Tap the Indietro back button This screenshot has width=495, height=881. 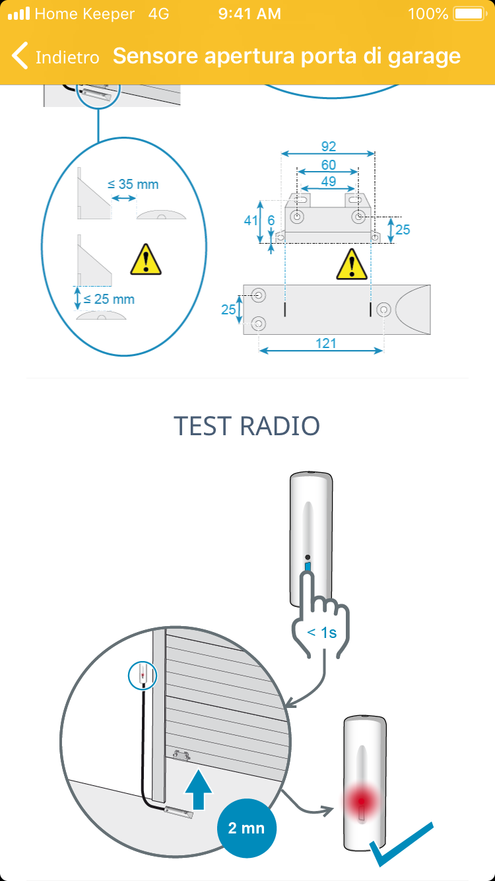pos(56,57)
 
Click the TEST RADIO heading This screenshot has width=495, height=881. pos(247,426)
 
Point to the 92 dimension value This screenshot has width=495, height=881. pos(328,147)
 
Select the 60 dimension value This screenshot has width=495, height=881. pos(328,164)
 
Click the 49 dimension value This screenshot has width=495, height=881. pos(328,181)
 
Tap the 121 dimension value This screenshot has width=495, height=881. pos(325,343)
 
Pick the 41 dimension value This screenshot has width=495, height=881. pos(251,220)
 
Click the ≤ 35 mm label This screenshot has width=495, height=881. pos(133,184)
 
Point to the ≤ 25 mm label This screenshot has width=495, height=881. pos(109,299)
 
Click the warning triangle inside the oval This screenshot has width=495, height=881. pos(146,260)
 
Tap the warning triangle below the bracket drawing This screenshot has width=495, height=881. pos(351,264)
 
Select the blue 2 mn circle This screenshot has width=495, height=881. pos(246,828)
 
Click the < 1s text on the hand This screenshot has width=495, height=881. pos(322,632)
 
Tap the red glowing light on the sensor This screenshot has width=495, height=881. pos(361,801)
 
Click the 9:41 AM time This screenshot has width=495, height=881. pos(249,14)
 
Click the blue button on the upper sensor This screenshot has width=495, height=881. pos(308,567)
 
